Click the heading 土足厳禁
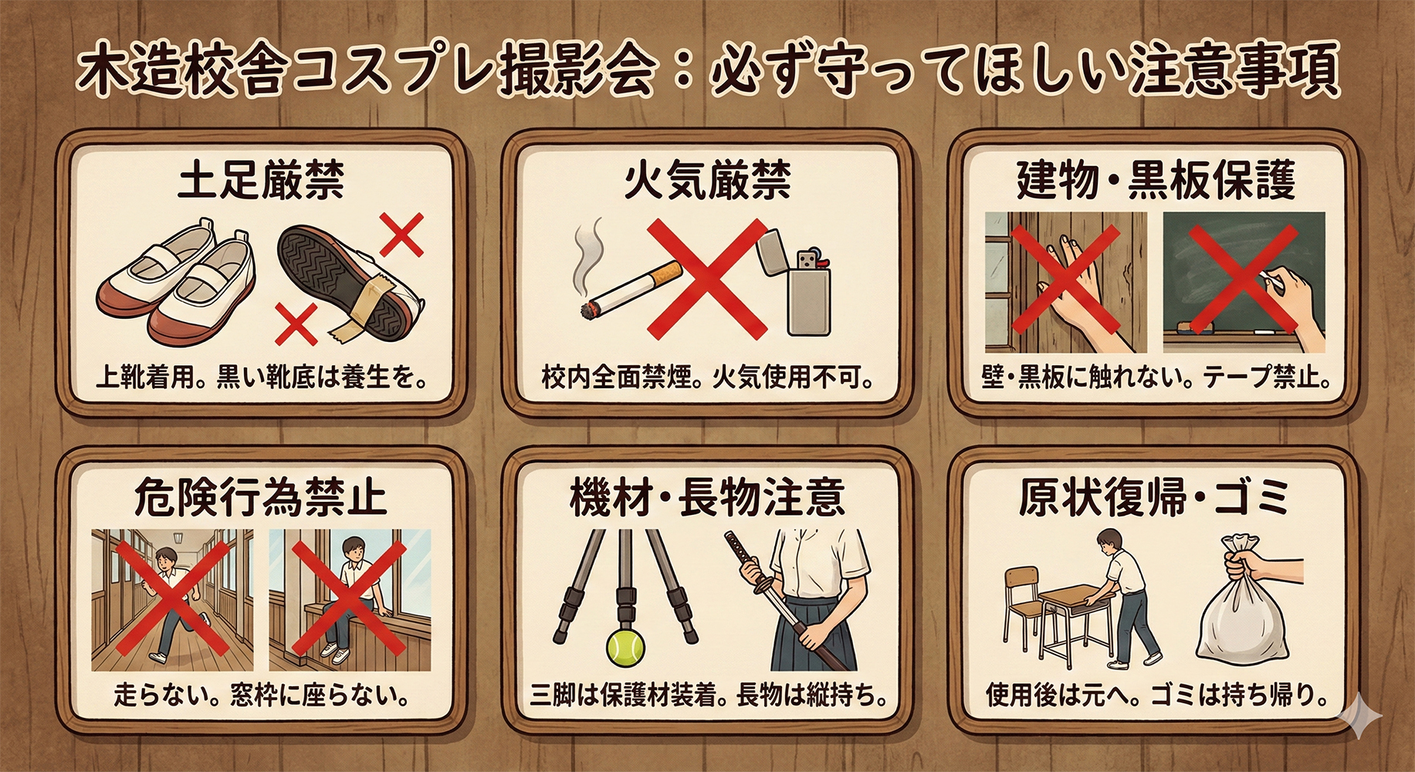pyautogui.click(x=261, y=180)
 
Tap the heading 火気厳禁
pyautogui.click(x=707, y=180)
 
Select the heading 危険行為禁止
pyautogui.click(x=261, y=497)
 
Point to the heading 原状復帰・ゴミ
pyautogui.click(x=1153, y=497)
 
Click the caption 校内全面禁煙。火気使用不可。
pyautogui.click(x=707, y=378)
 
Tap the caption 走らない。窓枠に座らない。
pyautogui.click(x=261, y=695)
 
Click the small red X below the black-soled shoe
pyautogui.click(x=296, y=323)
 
